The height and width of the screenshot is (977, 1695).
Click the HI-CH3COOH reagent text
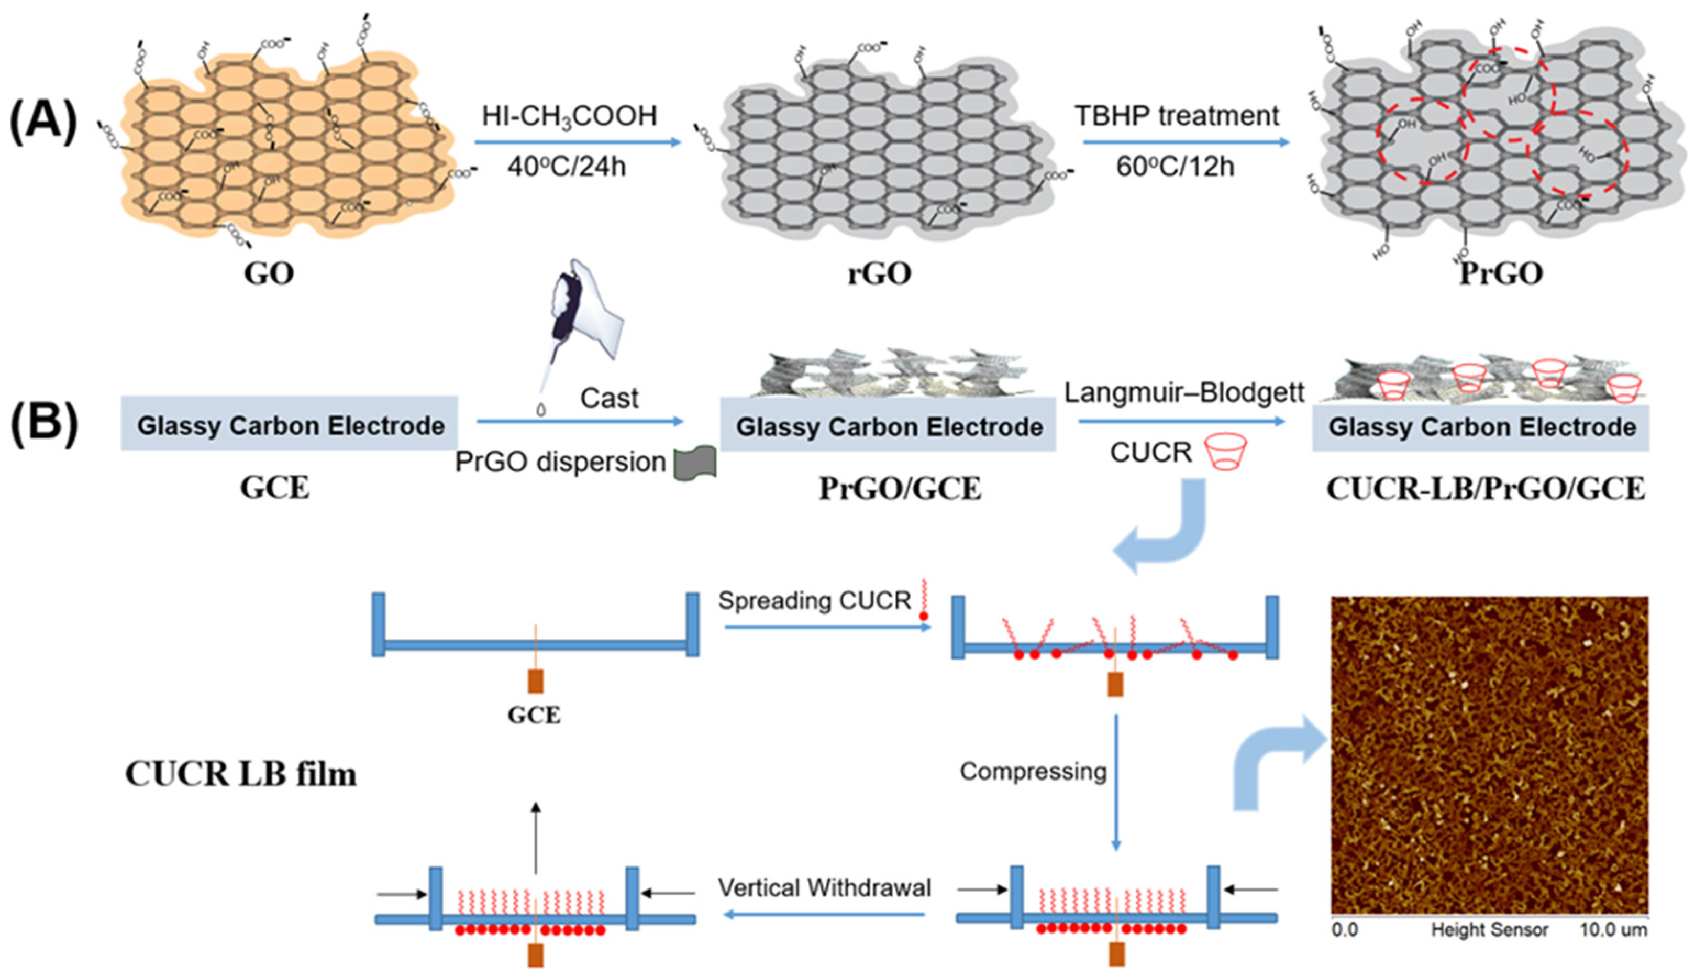click(569, 116)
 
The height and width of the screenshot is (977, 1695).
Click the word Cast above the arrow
click(608, 398)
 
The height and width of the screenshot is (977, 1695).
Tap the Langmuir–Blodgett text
click(1184, 392)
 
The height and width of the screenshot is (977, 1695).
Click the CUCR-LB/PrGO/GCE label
click(1485, 489)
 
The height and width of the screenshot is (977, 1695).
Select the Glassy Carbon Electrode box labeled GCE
click(289, 424)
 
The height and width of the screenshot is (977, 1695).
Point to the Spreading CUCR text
click(814, 600)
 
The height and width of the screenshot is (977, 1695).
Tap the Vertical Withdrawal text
click(824, 888)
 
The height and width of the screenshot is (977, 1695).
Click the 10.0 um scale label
click(1612, 930)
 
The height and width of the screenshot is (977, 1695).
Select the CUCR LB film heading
click(241, 774)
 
